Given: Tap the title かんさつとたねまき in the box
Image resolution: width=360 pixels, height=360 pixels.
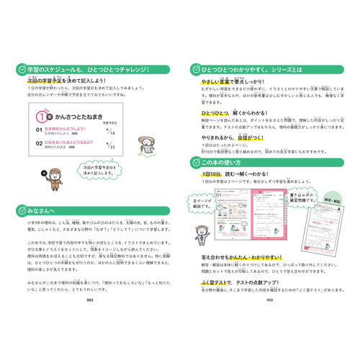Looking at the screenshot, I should pyautogui.click(x=78, y=117).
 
